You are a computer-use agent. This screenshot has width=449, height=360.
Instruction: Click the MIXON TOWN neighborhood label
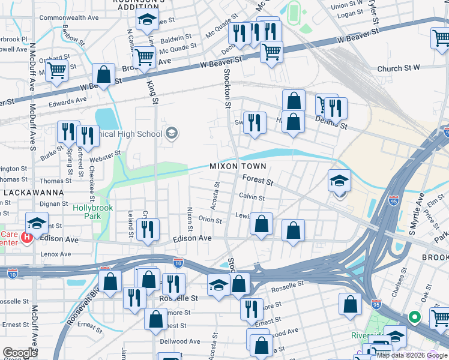coord(237,166)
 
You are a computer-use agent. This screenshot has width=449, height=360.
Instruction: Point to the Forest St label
coord(258,179)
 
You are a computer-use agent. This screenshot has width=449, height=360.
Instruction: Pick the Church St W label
coord(399,69)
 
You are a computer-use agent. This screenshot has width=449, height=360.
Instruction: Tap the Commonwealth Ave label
coord(68,18)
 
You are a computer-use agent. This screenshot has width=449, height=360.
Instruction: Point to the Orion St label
coord(210,220)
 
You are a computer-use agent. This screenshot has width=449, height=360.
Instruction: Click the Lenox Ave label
coord(57,254)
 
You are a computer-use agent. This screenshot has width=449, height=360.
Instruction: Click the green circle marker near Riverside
coord(414,316)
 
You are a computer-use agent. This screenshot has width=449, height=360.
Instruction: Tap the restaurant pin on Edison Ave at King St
coord(148,229)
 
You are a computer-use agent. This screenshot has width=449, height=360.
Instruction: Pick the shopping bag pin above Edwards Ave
coord(104,75)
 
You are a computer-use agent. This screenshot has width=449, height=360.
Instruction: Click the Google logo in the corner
coord(20,353)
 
